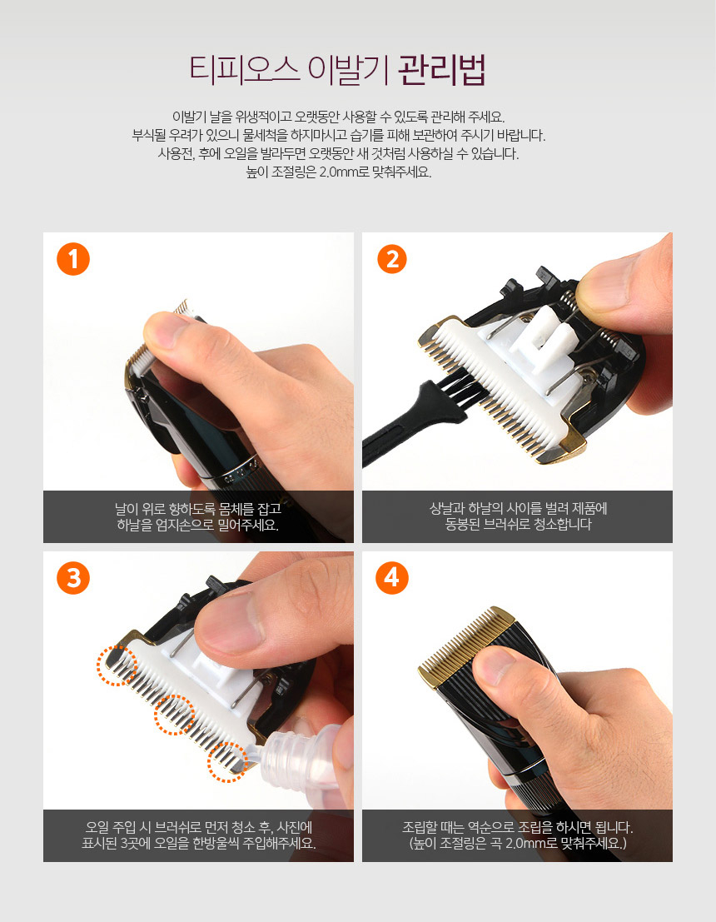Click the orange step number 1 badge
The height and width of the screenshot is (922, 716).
[x=73, y=259]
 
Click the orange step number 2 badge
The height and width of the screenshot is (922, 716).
[x=392, y=259]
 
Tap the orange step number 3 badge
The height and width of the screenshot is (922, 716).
[x=73, y=577]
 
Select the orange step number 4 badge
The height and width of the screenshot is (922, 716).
[x=392, y=577]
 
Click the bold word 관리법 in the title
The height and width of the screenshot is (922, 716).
[x=441, y=71]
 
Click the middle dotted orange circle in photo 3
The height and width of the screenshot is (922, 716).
[x=175, y=715]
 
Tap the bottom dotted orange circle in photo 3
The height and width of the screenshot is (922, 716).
[x=227, y=762]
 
